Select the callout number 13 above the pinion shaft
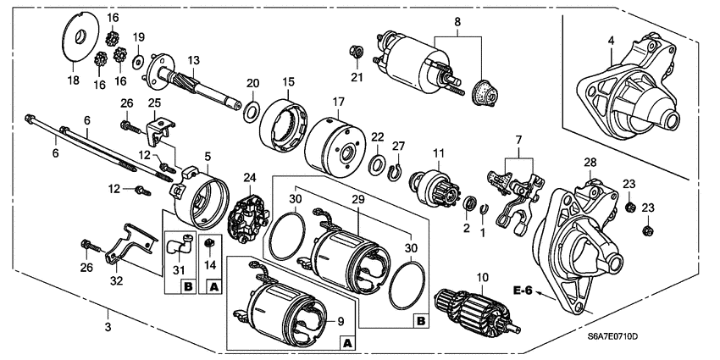click(194, 60)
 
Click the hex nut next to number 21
click(357, 56)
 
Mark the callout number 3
click(107, 327)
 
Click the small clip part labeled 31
click(176, 246)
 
